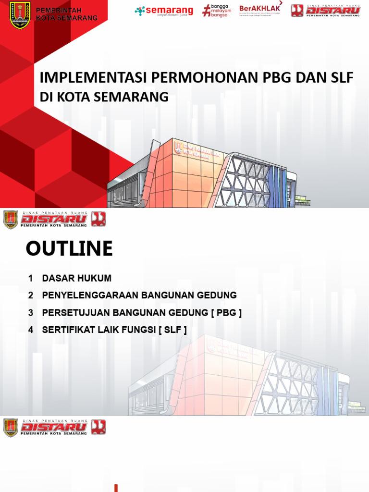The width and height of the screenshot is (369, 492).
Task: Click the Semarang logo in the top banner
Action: (x=164, y=11)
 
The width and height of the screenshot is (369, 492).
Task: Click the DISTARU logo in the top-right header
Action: (x=325, y=11)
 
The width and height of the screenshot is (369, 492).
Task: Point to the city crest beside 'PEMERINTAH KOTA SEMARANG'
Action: (x=20, y=14)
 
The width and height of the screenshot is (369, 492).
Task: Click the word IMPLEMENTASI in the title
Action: (x=94, y=78)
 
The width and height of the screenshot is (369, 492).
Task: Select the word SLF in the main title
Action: (x=342, y=78)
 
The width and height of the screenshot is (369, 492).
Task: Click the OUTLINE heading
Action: (x=69, y=249)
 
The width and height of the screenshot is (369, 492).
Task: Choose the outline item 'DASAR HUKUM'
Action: (x=77, y=278)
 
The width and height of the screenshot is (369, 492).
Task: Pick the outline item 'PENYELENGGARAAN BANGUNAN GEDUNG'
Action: (x=139, y=295)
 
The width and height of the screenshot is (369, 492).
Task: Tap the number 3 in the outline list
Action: (x=31, y=313)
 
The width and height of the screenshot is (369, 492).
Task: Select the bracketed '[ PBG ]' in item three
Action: (x=226, y=313)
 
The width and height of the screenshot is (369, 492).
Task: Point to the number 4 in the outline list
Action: (x=31, y=330)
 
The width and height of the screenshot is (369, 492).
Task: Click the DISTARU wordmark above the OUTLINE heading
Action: (x=53, y=220)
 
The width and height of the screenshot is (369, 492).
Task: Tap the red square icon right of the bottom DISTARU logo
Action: (x=98, y=427)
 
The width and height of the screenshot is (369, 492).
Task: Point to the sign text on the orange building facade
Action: (x=197, y=151)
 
